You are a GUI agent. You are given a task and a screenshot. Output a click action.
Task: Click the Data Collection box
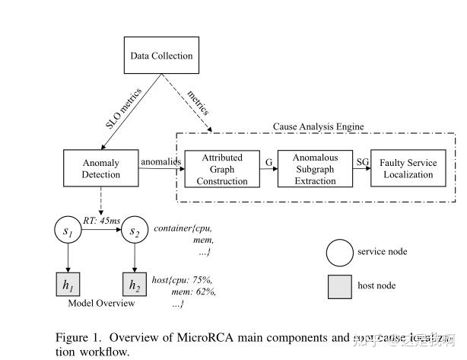[161, 56]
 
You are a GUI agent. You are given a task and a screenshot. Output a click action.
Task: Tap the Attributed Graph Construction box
[223, 169]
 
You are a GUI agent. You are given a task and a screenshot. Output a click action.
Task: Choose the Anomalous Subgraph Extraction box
[314, 169]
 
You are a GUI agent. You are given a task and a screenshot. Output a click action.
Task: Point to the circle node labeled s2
[134, 231]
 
